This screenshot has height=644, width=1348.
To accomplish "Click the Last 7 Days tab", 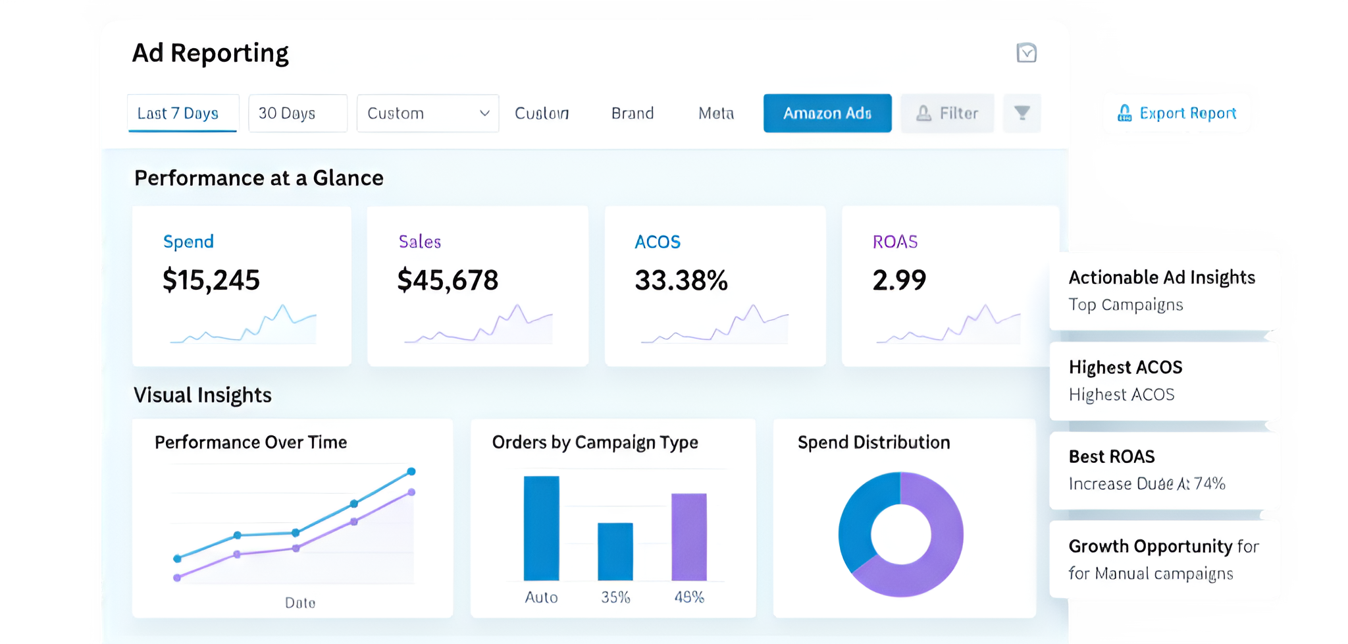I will [178, 113].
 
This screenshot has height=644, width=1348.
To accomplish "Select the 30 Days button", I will [297, 113].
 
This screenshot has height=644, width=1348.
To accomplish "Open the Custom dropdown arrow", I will [484, 113].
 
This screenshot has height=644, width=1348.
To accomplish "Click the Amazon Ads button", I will [827, 113].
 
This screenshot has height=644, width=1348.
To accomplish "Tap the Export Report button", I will [1177, 113].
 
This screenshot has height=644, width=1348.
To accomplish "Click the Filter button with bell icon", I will [947, 113].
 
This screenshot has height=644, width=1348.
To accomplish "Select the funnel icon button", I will [1022, 113].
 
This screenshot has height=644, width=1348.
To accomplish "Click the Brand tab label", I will [633, 113].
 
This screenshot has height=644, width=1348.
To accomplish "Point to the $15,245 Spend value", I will [211, 281].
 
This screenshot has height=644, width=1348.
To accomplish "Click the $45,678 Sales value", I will [448, 281].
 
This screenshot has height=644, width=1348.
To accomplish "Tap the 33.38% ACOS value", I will [681, 281].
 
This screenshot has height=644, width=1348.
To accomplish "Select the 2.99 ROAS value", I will [899, 281].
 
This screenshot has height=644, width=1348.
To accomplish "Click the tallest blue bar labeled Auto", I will [541, 527].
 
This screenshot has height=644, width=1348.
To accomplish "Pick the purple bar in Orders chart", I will [688, 537].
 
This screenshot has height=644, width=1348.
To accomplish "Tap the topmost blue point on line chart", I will [411, 471].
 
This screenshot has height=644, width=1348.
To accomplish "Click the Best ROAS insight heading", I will [1112, 456].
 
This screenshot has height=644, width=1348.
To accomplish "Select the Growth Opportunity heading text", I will [1151, 546].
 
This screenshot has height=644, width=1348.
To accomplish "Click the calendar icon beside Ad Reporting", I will [1026, 53].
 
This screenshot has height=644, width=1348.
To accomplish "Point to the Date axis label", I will [300, 603].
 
